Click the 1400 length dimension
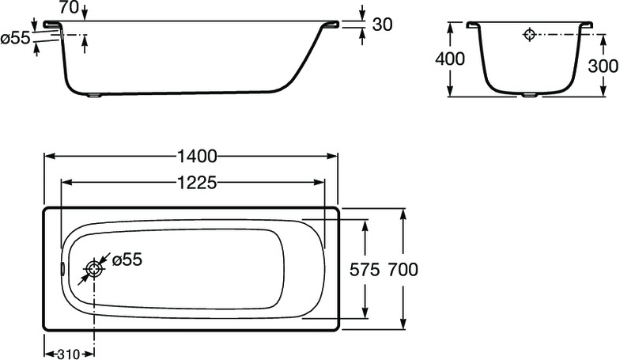coord(197,157)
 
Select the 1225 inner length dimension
coord(197,183)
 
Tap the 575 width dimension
coord(365,270)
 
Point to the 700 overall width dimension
coord(403,270)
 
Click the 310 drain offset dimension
coord(70,354)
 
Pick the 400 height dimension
coord(450,59)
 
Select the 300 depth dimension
coord(603,66)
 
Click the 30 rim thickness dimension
coord(383,25)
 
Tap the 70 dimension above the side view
coord(70,8)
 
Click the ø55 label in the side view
coord(16,38)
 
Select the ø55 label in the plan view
coord(127,260)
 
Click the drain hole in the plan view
coord(94,269)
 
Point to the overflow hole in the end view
coord(530,35)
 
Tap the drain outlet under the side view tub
coord(95,95)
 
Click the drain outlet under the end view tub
coord(529,95)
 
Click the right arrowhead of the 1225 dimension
coord(319,182)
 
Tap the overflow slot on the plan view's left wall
coord(62,269)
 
